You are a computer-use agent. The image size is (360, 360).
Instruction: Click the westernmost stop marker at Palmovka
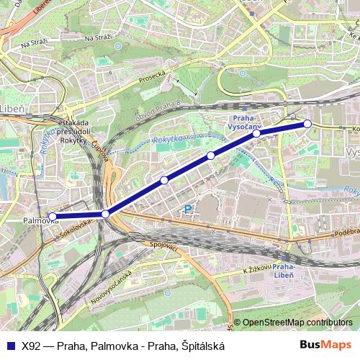click(x=52, y=216)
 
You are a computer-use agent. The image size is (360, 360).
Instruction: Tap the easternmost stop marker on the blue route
click(x=307, y=124)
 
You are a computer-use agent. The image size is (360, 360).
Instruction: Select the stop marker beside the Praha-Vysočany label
click(x=256, y=133)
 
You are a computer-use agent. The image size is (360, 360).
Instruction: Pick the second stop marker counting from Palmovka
click(x=106, y=214)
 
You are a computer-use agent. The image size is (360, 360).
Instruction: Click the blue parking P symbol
click(x=189, y=210)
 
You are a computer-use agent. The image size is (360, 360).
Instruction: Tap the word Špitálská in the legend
click(x=203, y=346)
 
